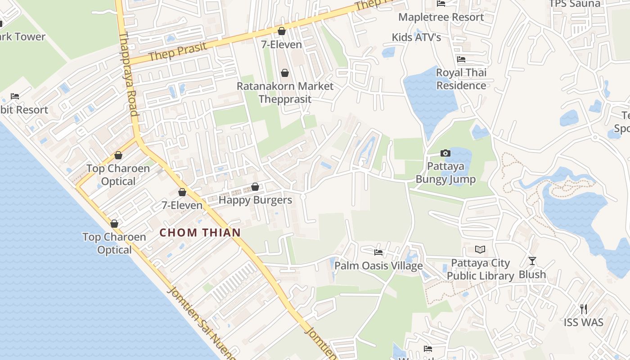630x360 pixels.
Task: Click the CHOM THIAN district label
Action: coord(200,233)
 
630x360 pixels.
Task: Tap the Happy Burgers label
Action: coord(255,200)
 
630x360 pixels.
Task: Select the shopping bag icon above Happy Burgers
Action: coord(255,187)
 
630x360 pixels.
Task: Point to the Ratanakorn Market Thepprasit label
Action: coord(285,92)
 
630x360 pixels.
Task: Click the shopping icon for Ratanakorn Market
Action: coord(284,73)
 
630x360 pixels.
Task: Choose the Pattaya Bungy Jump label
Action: coord(445,173)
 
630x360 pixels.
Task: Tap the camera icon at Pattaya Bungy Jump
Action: coord(445,153)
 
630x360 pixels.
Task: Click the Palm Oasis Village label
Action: coord(378,265)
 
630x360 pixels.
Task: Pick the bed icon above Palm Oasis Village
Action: coord(378,252)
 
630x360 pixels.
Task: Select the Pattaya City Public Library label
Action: coord(480,269)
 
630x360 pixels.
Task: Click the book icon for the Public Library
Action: coord(480,249)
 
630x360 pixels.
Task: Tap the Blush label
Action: coord(532,274)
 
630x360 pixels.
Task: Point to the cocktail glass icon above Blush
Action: coord(532,261)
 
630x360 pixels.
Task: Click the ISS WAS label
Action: coord(584,322)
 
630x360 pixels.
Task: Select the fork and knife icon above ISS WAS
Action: coord(584,309)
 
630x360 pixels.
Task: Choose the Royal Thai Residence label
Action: coord(461,79)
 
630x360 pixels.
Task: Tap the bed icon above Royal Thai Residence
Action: coord(461,59)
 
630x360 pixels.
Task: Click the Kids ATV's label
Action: coord(416,37)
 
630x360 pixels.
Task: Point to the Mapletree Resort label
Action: coord(441,17)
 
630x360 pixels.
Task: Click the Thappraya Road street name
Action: coord(129,74)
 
